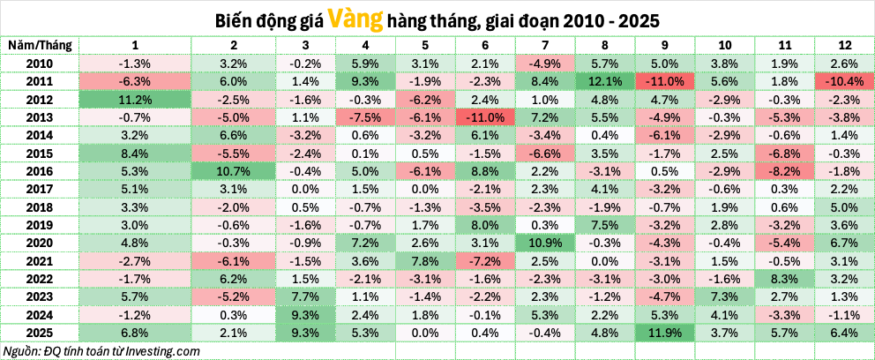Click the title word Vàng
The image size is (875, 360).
(354, 19)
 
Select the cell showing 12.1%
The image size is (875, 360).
(604, 81)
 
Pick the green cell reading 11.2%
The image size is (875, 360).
(135, 100)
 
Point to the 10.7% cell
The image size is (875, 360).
(233, 170)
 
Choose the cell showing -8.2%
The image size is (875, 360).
(784, 170)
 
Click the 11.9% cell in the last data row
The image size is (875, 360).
(664, 332)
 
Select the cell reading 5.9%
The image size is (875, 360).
(364, 64)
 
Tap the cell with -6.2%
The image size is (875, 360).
(424, 100)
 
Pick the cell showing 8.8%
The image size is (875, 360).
(484, 170)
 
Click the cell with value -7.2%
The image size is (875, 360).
(484, 260)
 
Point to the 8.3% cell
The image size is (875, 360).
(784, 278)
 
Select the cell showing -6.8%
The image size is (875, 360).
(784, 153)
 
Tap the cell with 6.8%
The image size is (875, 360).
(135, 332)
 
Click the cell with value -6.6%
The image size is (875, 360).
(544, 153)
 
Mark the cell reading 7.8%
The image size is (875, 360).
(424, 260)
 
